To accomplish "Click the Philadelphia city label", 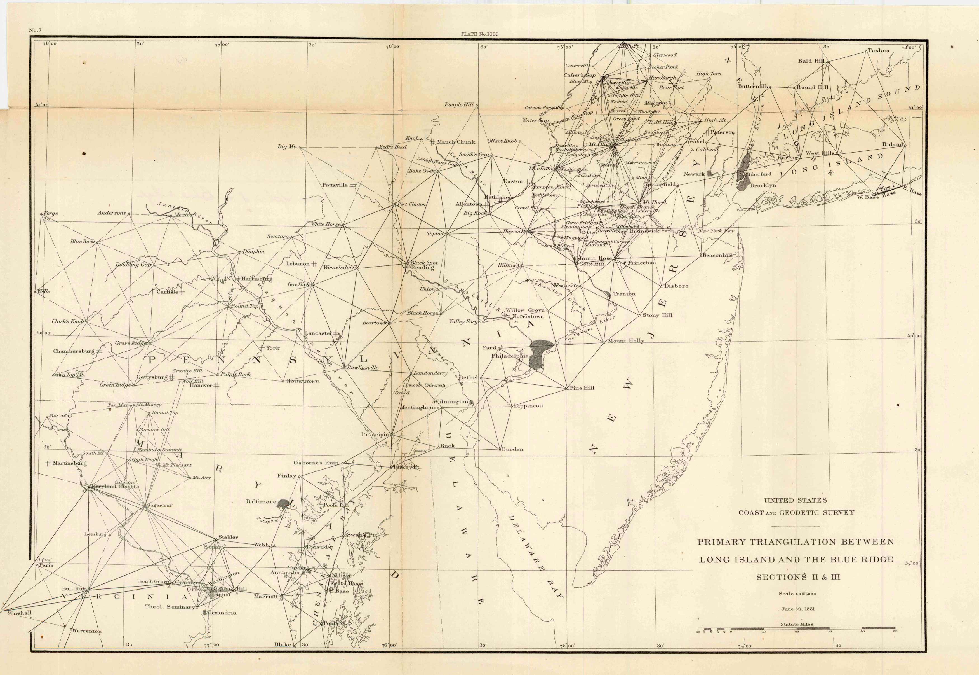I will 510,356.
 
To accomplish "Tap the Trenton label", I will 624,293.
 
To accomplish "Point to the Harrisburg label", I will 256,279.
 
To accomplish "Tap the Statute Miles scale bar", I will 796,629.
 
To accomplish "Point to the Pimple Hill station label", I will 458,104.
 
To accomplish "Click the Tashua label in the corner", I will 878,50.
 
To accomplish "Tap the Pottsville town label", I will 335,185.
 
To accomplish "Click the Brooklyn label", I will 763,185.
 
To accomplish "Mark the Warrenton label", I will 87,631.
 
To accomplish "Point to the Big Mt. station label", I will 287,146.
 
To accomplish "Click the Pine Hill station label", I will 582,388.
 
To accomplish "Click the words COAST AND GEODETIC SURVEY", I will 796,513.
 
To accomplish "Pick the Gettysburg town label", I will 152,377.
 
